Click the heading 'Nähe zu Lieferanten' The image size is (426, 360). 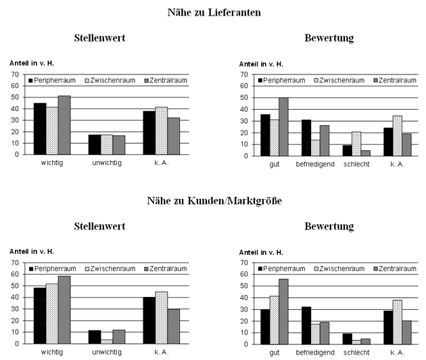(214, 12)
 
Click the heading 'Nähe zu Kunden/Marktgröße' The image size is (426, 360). (214, 201)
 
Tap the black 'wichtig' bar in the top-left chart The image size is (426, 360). (40, 129)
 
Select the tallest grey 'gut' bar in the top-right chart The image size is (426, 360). (283, 127)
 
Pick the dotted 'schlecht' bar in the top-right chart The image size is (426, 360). (356, 144)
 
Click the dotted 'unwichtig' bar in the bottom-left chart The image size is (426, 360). (107, 342)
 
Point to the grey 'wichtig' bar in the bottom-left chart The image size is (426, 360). (64, 310)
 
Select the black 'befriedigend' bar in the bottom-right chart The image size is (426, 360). (306, 325)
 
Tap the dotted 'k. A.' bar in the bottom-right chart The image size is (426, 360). (398, 322)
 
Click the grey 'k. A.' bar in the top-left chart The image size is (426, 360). (174, 136)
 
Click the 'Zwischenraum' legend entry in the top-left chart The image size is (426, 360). (110, 81)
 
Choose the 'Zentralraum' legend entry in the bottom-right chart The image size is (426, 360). (395, 269)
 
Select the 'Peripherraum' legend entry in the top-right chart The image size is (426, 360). (281, 81)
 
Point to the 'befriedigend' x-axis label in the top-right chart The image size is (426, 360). (315, 164)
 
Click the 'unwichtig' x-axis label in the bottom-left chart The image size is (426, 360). (107, 352)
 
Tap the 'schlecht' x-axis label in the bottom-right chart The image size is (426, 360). (356, 353)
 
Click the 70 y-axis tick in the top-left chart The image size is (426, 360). (15, 74)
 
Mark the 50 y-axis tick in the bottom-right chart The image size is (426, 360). (244, 286)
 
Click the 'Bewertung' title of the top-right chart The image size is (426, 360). (329, 38)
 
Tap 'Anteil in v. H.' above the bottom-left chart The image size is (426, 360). (32, 252)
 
